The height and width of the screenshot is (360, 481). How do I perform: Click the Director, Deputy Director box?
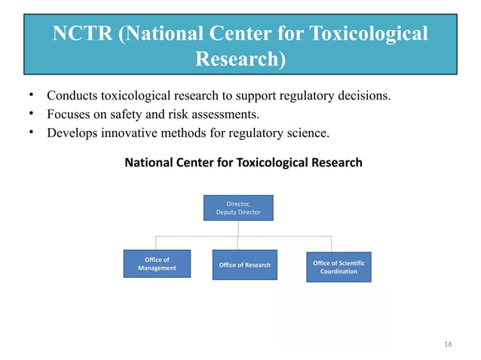(x=238, y=208)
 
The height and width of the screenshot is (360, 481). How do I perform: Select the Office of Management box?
(x=157, y=264)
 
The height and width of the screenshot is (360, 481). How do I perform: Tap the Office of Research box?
(x=244, y=265)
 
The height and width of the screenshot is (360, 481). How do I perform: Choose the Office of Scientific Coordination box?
(x=339, y=267)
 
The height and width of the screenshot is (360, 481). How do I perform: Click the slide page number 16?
(x=448, y=344)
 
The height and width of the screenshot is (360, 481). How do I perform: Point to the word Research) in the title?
(x=240, y=59)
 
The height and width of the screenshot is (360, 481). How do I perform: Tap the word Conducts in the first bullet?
(x=72, y=96)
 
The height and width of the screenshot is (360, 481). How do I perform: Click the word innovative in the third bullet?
(x=132, y=133)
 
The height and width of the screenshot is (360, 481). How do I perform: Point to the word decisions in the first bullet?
(x=363, y=96)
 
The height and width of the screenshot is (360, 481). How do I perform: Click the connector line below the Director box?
(x=237, y=228)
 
